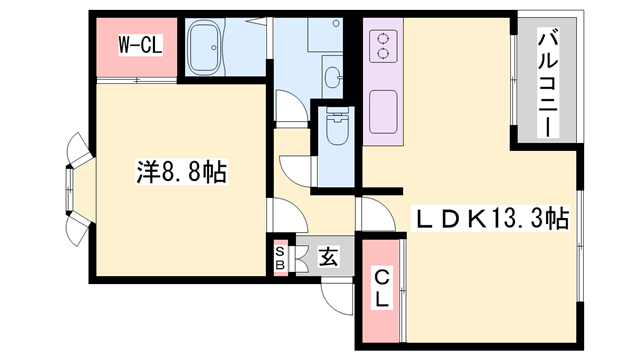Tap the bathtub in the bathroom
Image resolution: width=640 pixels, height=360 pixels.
pyautogui.click(x=210, y=45)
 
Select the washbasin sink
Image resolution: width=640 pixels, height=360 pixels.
pyautogui.click(x=333, y=72)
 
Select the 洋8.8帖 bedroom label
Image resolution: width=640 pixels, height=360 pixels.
pyautogui.click(x=181, y=172)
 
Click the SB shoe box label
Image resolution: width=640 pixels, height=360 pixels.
pyautogui.click(x=280, y=258)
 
